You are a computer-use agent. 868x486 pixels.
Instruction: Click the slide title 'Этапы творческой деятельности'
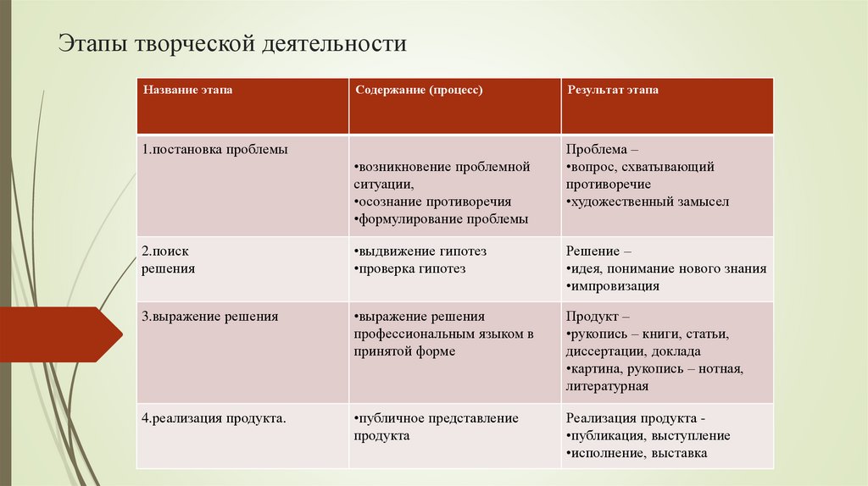(x=232, y=44)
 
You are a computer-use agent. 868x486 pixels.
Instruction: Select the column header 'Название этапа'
(x=187, y=89)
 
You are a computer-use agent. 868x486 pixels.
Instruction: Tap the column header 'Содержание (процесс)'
(x=419, y=89)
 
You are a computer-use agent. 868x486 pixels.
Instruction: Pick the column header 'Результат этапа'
(x=613, y=89)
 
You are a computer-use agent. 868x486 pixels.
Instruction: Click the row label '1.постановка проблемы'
(x=215, y=149)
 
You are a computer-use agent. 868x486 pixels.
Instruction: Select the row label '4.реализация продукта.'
(x=214, y=418)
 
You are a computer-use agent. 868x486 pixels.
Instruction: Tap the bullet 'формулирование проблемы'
(x=442, y=218)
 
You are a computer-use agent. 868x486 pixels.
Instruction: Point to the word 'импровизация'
(x=615, y=285)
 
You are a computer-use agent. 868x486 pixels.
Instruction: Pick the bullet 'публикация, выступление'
(x=649, y=435)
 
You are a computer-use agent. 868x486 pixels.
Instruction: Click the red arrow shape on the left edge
(x=59, y=334)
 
